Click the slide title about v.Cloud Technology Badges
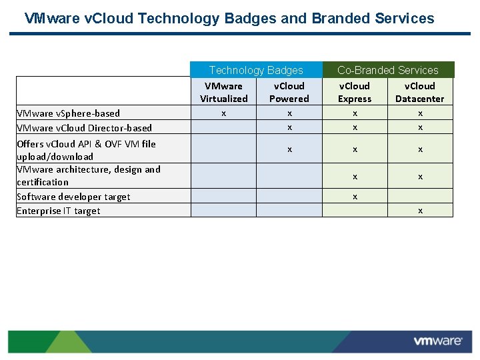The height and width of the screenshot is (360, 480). click(229, 19)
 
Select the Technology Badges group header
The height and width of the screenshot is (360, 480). click(256, 70)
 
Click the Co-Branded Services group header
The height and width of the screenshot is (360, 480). click(387, 70)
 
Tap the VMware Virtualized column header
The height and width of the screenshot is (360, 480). click(224, 92)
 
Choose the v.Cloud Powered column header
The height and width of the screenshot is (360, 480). click(289, 92)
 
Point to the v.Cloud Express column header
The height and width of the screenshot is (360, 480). click(355, 92)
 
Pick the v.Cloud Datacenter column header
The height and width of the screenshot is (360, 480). click(420, 92)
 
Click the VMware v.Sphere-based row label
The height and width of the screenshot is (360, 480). click(69, 113)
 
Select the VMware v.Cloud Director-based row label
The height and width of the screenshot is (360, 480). click(84, 128)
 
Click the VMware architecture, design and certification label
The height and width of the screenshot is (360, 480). click(88, 175)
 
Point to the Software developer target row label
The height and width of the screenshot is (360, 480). click(73, 197)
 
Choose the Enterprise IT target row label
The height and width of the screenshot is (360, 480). click(59, 211)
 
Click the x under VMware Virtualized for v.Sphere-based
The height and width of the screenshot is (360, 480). click(224, 113)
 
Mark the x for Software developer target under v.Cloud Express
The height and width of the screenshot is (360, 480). click(355, 197)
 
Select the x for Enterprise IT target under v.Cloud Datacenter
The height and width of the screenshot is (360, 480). click(420, 211)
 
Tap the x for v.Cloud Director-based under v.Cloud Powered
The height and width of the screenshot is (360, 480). click(289, 128)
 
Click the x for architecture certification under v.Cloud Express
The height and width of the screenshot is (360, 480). click(355, 177)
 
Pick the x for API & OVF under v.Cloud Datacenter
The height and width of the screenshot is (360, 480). click(420, 150)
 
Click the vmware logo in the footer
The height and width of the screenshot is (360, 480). click(437, 341)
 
